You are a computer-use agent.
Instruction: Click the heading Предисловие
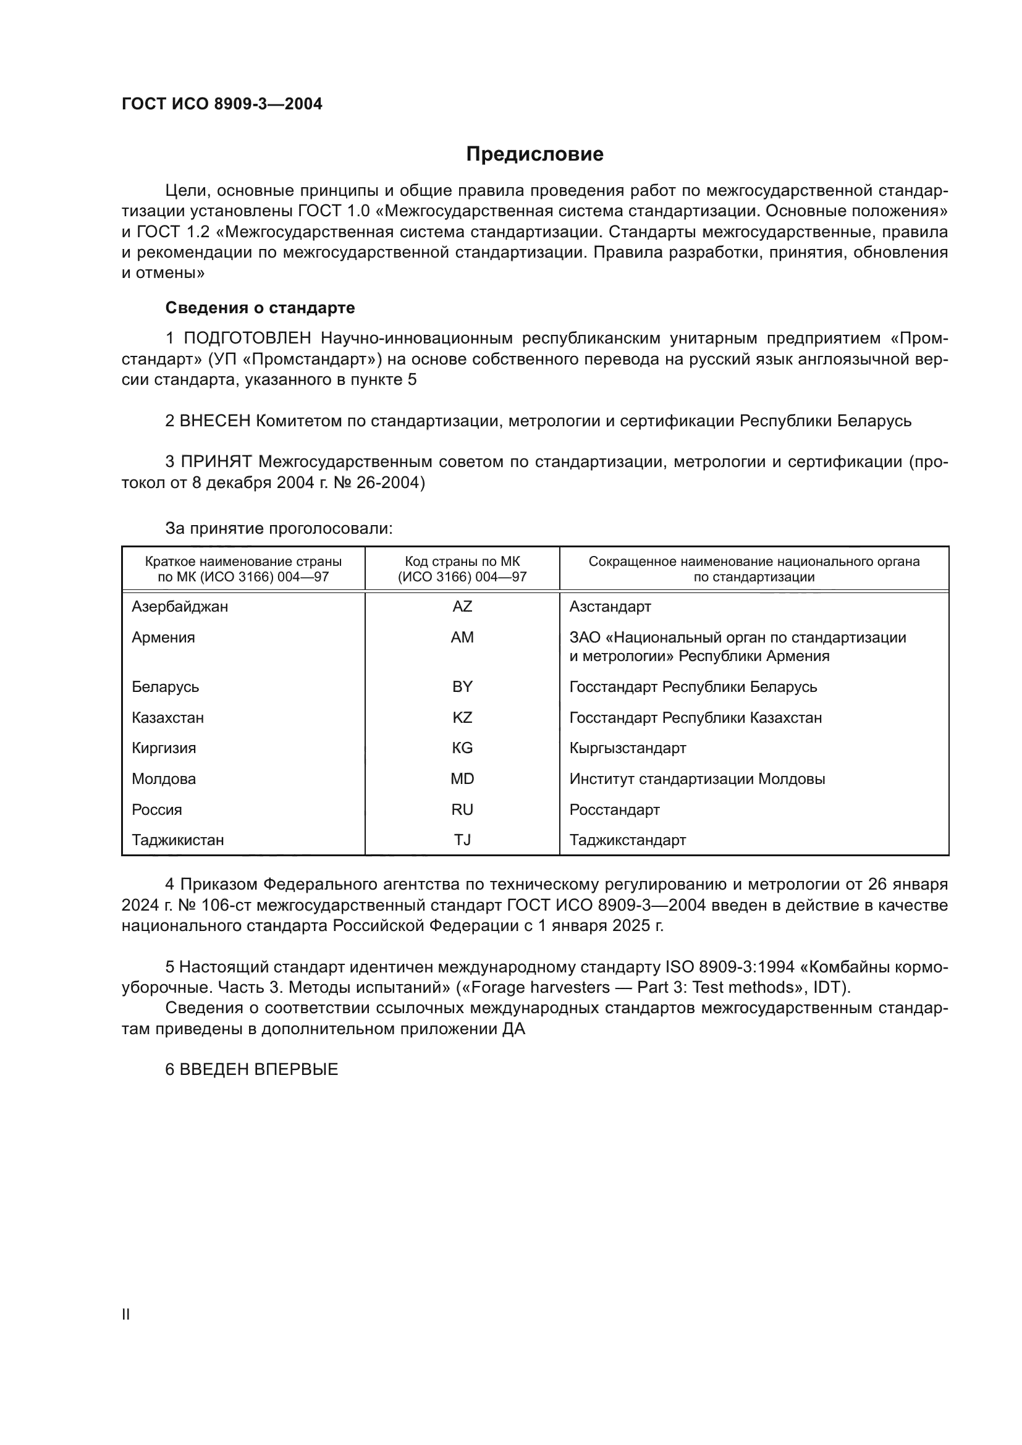tap(534, 154)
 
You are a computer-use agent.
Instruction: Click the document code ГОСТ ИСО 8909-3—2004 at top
tap(222, 104)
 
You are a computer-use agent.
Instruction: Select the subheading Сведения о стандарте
tap(260, 308)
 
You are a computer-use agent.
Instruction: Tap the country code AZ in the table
tap(462, 607)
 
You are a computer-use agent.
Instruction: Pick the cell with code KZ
tap(462, 717)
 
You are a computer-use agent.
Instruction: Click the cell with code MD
tap(462, 778)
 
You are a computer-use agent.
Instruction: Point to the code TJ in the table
tap(462, 840)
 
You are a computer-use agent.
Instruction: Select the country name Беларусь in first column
tap(166, 686)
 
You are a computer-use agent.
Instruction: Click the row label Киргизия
tap(164, 748)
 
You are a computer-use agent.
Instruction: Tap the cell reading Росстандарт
tap(614, 809)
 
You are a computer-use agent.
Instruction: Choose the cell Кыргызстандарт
tap(627, 748)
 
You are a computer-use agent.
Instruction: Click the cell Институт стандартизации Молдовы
tap(696, 778)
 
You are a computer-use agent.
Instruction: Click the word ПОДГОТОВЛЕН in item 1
tap(247, 339)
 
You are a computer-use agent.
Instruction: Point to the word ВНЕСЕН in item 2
tap(215, 421)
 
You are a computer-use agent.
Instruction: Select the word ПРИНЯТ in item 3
tap(216, 462)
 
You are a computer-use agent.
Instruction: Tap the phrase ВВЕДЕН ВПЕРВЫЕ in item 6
tap(259, 1069)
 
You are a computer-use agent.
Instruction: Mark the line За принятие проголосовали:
tap(279, 528)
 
